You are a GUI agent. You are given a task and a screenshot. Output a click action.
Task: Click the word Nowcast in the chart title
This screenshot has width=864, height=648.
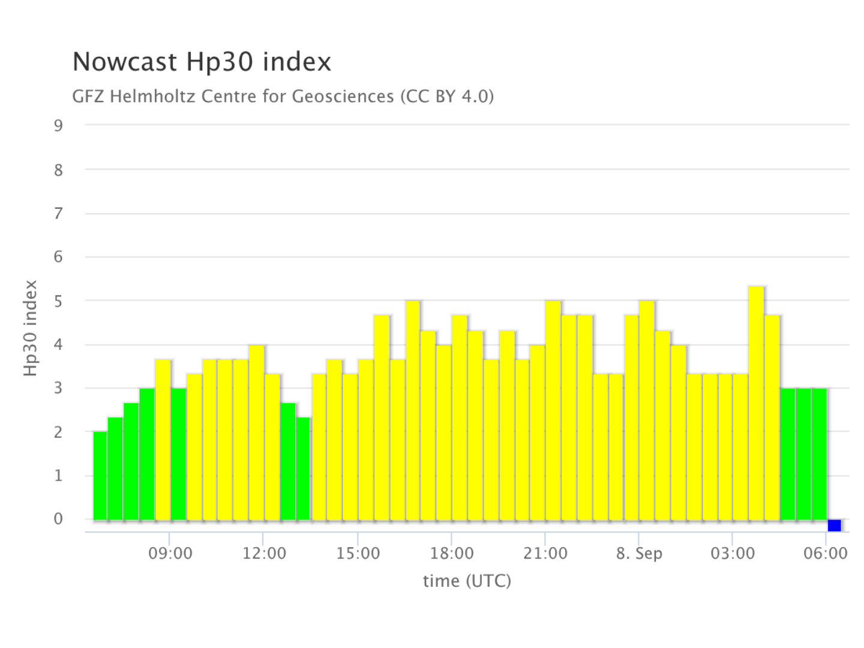coord(125,62)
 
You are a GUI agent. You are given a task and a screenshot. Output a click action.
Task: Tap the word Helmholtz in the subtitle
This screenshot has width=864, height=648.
coord(152,97)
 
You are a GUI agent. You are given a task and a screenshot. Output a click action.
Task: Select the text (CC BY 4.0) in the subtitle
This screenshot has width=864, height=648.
coord(447,97)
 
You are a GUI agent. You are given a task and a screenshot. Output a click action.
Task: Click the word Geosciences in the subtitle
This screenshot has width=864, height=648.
coord(343,97)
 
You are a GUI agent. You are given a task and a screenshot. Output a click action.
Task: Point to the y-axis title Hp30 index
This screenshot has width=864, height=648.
coord(31,328)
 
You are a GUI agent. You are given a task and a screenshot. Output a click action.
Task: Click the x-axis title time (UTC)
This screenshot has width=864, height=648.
coord(467,581)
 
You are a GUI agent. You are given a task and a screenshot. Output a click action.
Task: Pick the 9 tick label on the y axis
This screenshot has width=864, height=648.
coord(58,126)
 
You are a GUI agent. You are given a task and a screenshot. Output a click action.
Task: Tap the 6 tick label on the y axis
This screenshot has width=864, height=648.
coord(58,257)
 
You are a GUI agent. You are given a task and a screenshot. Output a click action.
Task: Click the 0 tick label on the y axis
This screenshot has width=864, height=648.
coord(58,519)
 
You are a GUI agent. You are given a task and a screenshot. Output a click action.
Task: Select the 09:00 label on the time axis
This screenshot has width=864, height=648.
coord(170,554)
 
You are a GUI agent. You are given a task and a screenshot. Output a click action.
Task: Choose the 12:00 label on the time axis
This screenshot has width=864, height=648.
coord(264,554)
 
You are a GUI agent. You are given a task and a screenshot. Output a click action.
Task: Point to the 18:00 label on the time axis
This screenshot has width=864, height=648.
coord(451,554)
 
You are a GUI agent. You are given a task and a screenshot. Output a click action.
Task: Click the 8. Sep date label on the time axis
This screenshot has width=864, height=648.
coord(639,554)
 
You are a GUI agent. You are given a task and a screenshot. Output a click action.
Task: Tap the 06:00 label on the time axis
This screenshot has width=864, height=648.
coord(826,554)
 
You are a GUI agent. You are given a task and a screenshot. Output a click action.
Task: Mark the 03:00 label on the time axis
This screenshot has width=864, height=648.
coord(733,554)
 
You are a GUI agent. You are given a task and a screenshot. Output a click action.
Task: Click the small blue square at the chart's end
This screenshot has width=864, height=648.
coord(834,525)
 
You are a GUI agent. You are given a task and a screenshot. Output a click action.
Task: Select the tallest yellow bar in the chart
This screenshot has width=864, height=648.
coord(756,403)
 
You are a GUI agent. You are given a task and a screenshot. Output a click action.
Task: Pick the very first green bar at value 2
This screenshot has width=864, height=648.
coord(100,476)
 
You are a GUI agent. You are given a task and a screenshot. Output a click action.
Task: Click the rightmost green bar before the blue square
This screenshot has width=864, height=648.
coord(819,454)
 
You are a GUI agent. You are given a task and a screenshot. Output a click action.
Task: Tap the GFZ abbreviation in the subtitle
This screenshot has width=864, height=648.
coord(88,97)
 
